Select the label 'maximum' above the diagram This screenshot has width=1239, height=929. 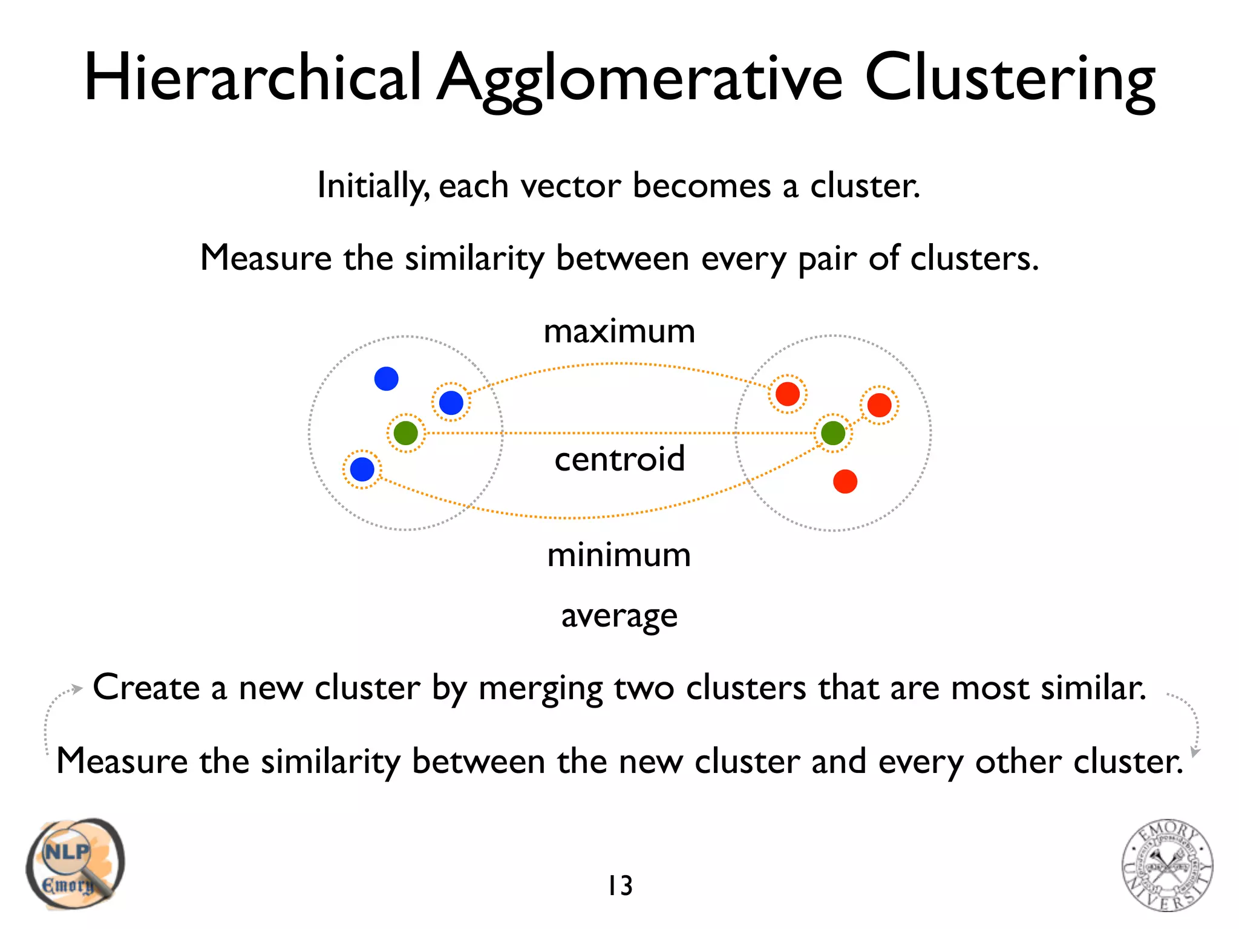point(619,331)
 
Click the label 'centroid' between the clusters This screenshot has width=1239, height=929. point(619,459)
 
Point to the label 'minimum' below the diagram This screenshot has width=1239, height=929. point(619,555)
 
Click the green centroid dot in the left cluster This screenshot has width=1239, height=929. point(405,433)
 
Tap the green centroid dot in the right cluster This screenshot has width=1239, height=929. point(833,433)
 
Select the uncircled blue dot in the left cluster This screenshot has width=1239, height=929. point(386,379)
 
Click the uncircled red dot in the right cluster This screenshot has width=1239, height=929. point(845,481)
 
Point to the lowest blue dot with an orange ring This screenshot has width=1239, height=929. point(362,469)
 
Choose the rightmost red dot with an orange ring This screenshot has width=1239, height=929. point(879,405)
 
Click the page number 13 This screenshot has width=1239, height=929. point(620,886)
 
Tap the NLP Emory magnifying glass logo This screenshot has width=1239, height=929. point(75,864)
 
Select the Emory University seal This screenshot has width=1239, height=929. point(1167,865)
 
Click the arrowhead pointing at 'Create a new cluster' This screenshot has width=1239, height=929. point(76,689)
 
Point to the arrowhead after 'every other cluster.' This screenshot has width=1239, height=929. point(1195,752)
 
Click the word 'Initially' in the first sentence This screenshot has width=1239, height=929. point(372,186)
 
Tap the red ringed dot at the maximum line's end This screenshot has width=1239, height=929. point(787,394)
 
